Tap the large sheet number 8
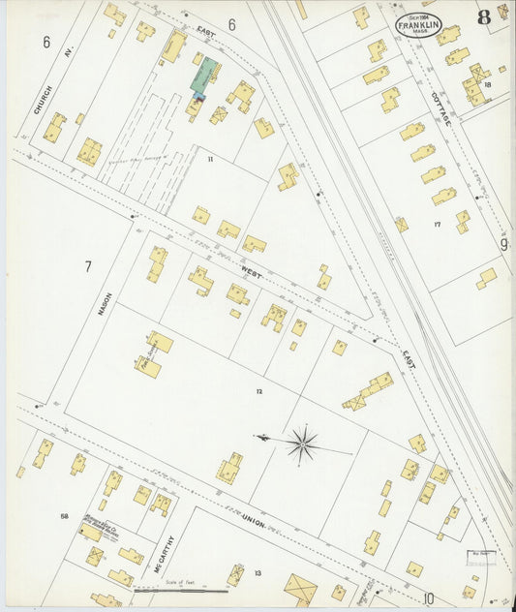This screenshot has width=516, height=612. (x=482, y=16)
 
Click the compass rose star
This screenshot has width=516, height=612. (x=302, y=444)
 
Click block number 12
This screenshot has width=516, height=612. (x=258, y=390)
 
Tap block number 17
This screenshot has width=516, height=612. (x=437, y=225)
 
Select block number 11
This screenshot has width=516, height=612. (x=209, y=156)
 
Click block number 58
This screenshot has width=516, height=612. (x=64, y=516)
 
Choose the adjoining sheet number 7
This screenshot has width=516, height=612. (x=87, y=266)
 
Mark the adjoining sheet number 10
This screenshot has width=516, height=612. (x=428, y=598)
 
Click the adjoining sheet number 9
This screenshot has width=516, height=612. (x=503, y=245)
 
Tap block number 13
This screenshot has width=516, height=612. (x=258, y=573)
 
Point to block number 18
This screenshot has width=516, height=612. (x=488, y=85)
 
